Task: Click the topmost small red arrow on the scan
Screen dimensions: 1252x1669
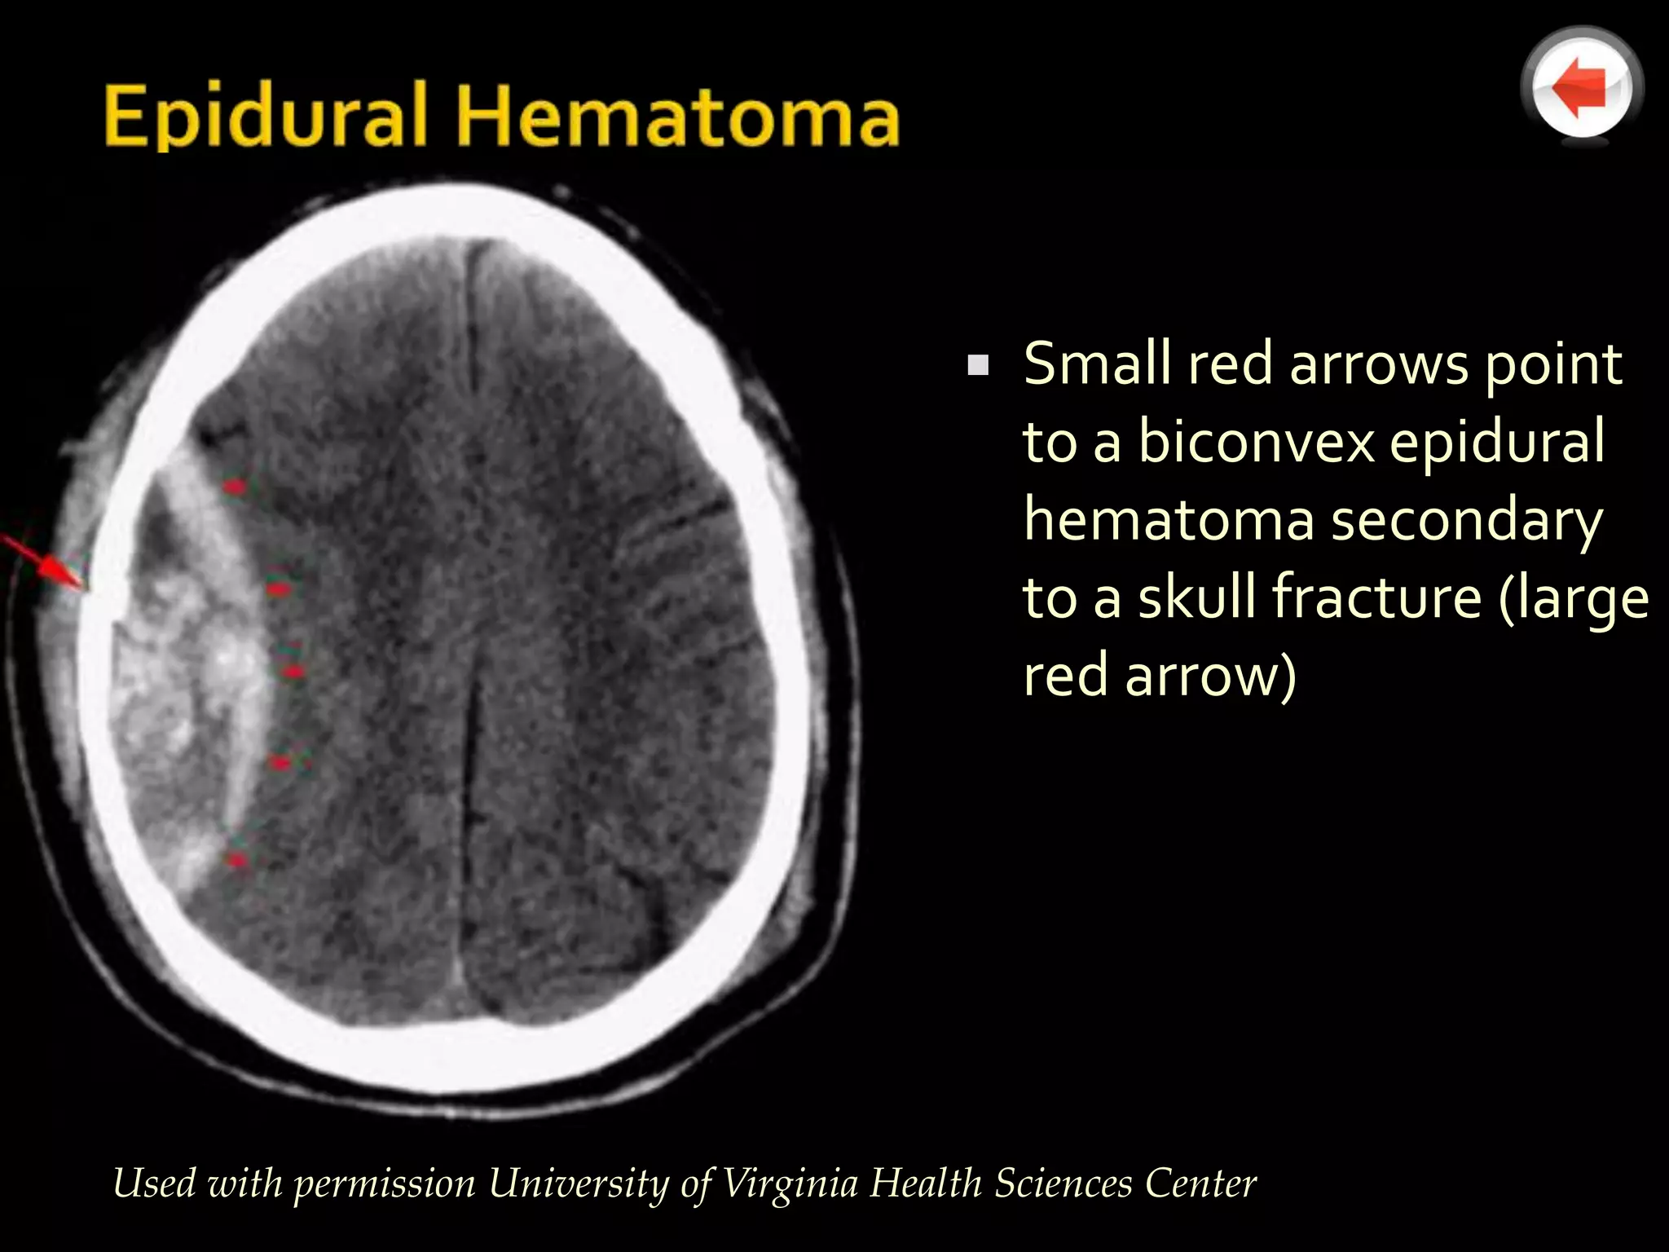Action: click(x=235, y=487)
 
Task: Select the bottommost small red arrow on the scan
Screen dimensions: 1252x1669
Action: click(x=237, y=859)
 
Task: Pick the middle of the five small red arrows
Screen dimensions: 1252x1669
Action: click(x=293, y=671)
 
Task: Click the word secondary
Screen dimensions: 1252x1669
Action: click(x=1466, y=521)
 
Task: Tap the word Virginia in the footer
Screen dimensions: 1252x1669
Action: click(x=790, y=1183)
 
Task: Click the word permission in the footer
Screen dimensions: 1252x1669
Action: click(x=384, y=1184)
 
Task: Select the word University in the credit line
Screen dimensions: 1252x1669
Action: click(x=579, y=1183)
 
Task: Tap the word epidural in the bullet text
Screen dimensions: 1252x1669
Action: click(x=1496, y=441)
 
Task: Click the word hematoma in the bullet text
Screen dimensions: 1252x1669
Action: click(x=1169, y=519)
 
